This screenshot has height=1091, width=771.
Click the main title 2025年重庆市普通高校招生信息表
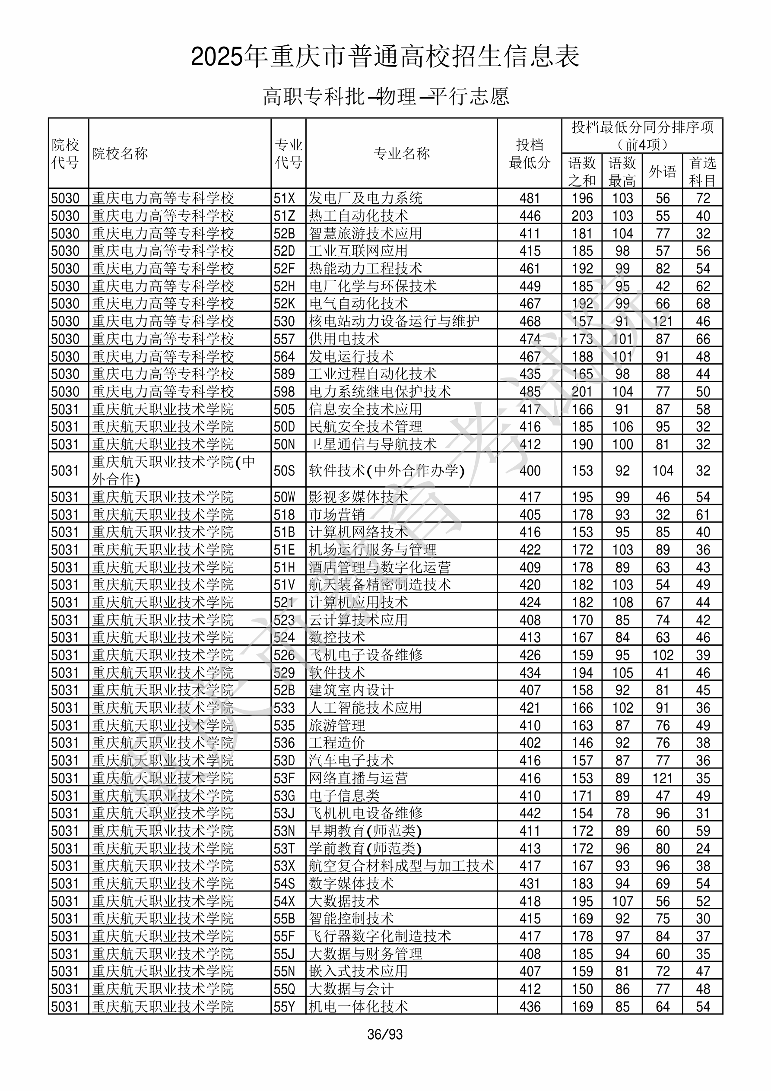385,57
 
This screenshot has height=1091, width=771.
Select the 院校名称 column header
120,153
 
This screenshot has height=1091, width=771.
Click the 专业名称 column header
402,153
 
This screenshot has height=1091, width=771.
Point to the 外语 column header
662,171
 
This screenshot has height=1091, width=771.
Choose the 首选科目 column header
703,171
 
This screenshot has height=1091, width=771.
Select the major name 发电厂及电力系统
365,198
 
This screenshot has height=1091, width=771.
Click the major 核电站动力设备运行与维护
394,321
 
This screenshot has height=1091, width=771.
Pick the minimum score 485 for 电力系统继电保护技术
530,392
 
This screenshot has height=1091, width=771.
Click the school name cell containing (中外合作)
174,470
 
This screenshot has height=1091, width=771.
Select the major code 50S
284,471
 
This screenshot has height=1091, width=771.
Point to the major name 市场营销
337,514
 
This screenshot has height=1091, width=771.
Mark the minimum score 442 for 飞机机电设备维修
530,813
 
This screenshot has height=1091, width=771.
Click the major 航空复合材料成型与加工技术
401,866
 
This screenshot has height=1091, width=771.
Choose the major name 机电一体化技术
359,1006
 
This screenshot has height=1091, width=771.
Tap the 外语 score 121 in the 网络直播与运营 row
662,778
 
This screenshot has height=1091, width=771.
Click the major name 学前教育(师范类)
365,849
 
